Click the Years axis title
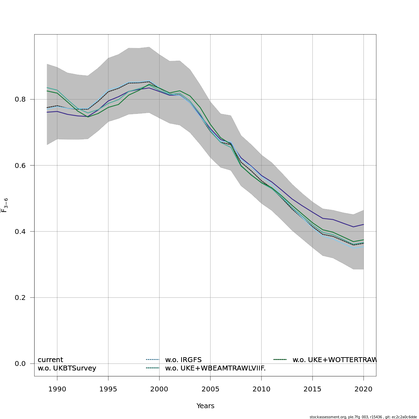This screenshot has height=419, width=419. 205,406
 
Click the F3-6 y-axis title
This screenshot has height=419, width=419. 5,205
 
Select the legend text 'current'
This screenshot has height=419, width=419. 50,360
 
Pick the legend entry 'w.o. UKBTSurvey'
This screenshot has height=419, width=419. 67,368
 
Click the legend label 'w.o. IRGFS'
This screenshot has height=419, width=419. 183,360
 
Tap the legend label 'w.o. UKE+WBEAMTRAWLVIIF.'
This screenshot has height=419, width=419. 215,368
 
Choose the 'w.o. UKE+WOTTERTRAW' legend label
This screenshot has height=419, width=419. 334,360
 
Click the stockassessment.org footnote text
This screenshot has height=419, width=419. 363,417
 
